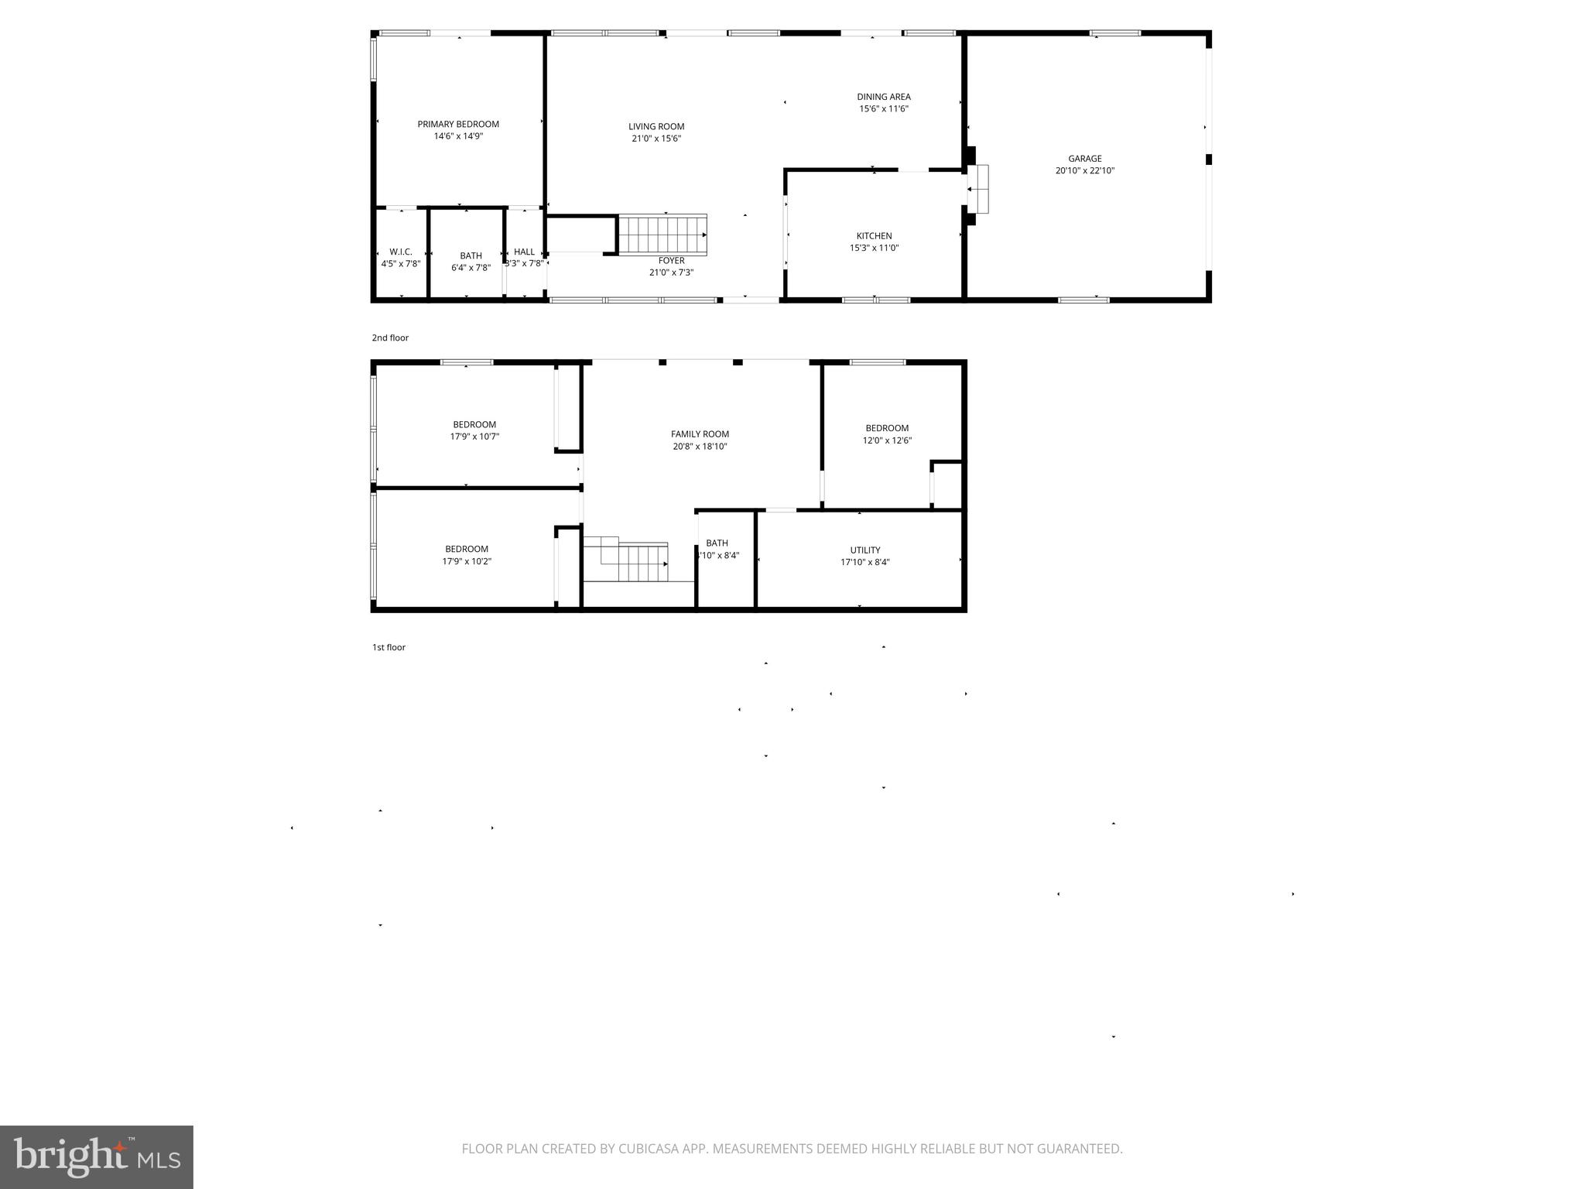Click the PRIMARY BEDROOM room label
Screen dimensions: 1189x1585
point(458,124)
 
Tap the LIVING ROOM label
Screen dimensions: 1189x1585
point(656,126)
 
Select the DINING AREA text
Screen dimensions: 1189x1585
point(883,97)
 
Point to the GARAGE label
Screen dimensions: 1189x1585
point(1084,159)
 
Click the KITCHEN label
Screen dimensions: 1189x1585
point(874,236)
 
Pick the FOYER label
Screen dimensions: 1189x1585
point(671,261)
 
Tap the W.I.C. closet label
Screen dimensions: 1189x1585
point(401,252)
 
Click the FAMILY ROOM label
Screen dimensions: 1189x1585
point(700,434)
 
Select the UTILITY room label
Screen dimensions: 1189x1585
point(864,550)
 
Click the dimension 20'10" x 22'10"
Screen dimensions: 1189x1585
point(1084,171)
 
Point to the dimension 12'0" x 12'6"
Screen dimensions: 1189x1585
point(887,440)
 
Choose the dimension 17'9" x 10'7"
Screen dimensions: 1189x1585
point(474,437)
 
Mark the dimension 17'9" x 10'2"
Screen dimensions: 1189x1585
point(467,562)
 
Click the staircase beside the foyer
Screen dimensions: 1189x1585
point(662,235)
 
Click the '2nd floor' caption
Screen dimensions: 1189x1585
point(390,338)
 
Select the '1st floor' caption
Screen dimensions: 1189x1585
point(389,647)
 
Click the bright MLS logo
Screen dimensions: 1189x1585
point(96,1156)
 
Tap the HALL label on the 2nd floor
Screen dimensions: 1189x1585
point(524,252)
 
